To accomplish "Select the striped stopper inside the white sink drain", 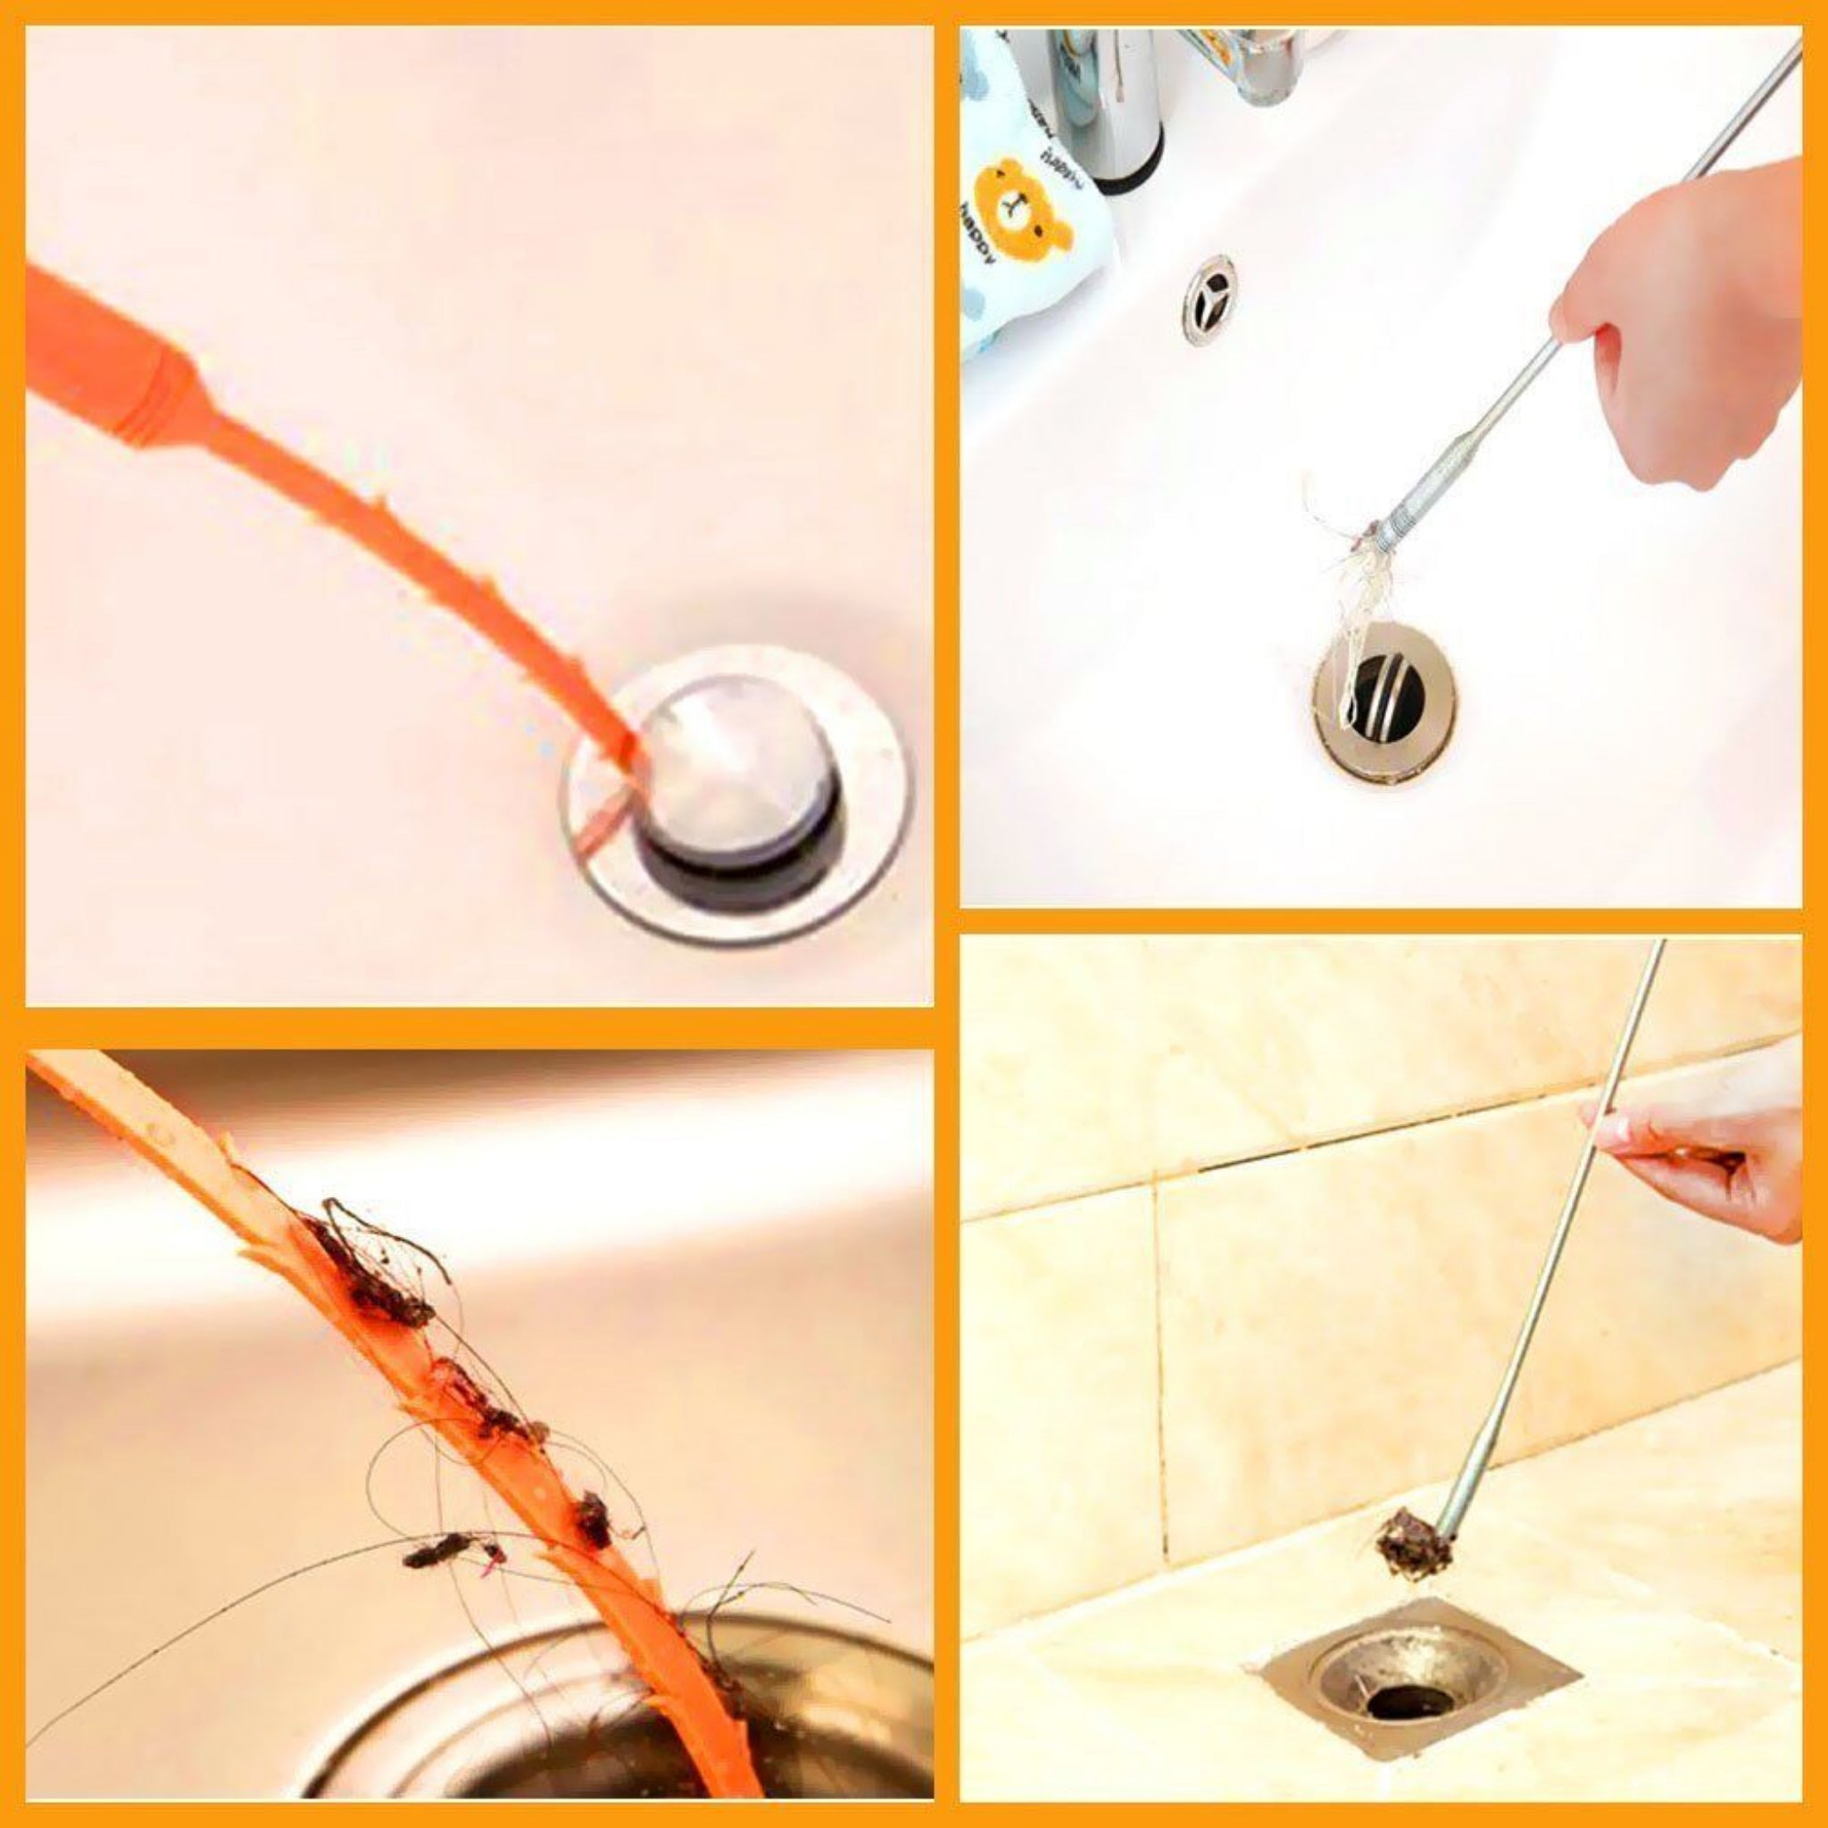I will tap(1387, 695).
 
